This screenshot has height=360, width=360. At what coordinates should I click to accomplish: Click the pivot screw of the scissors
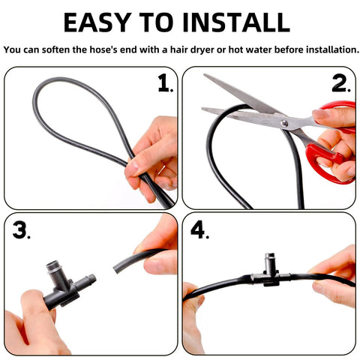[x=284, y=122]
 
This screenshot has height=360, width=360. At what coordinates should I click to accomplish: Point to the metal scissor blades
[x=240, y=101]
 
